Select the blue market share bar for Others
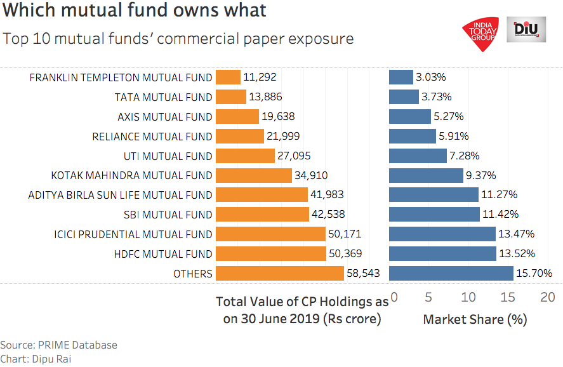tap(451, 274)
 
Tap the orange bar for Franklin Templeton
tap(228, 77)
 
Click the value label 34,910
tap(311, 175)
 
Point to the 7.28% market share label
tap(465, 156)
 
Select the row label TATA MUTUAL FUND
tap(163, 97)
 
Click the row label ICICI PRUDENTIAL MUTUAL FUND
tap(133, 234)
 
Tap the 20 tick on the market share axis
tap(547, 297)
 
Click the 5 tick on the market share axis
tap(428, 297)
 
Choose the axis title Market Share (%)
tap(475, 319)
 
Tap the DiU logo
tap(526, 30)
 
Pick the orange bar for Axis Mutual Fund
tap(237, 116)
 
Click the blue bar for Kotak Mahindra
tap(426, 175)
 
